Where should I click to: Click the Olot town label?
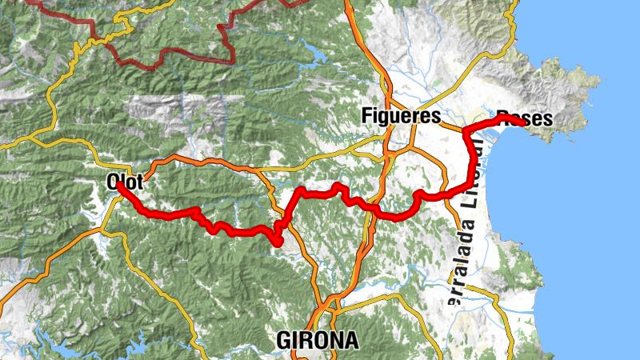(124, 182)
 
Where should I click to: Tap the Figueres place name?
(401, 115)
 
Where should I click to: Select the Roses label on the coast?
(524, 118)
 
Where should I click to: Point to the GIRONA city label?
(318, 340)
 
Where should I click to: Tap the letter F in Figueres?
(366, 115)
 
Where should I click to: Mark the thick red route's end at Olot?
(119, 185)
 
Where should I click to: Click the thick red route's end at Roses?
(523, 123)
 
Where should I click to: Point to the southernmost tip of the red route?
(278, 242)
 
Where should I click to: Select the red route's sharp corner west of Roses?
(466, 128)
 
